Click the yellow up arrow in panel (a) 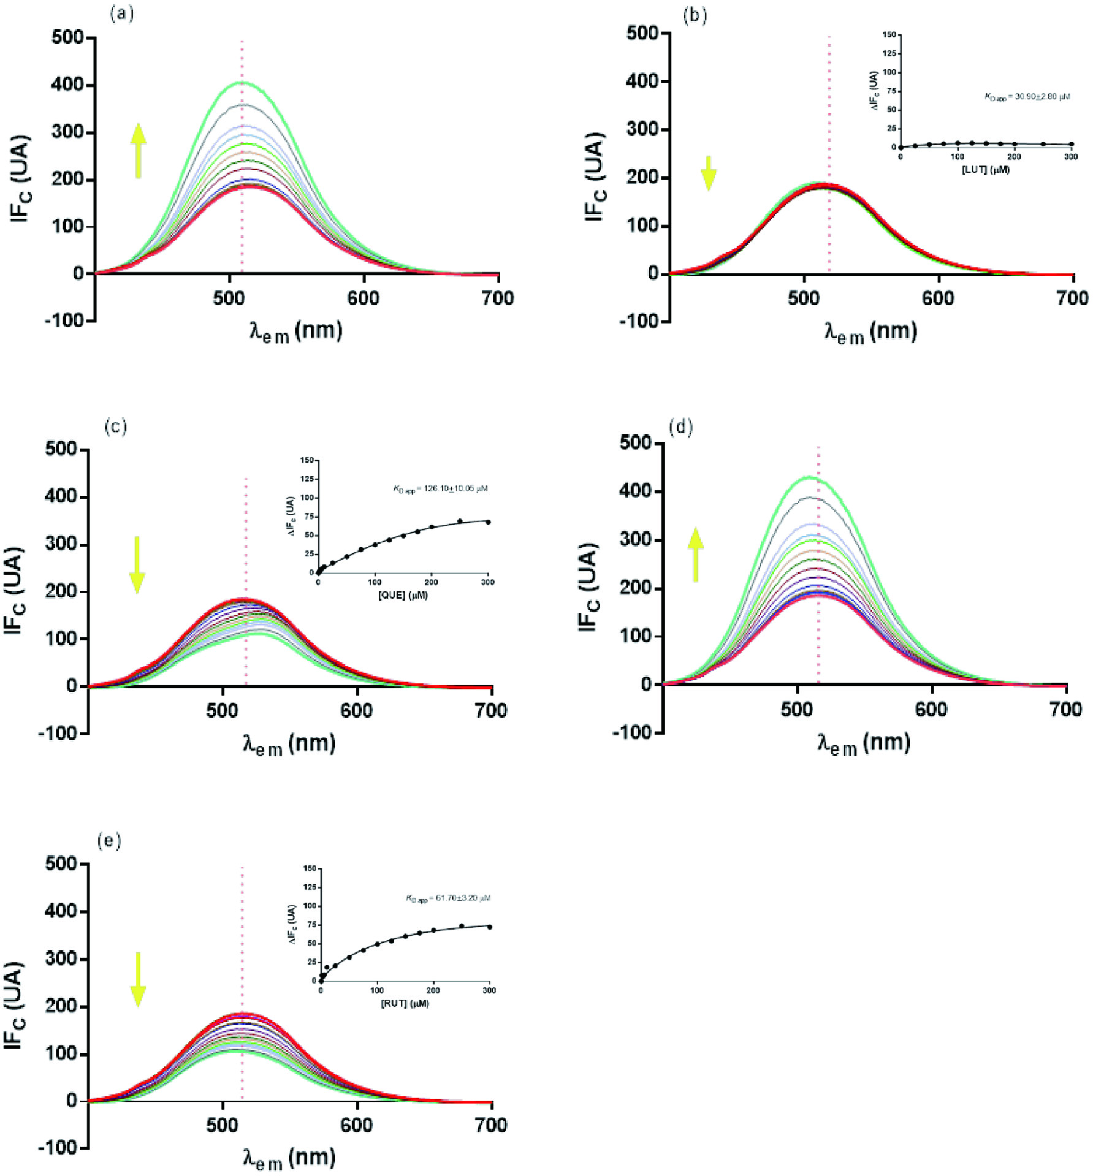coord(139,151)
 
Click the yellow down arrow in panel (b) coord(709,173)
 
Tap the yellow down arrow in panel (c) coord(137,564)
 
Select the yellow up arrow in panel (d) coord(695,555)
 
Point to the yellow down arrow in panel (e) coord(138,979)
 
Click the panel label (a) coord(121,13)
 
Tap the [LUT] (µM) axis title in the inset coord(985,170)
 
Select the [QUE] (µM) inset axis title coord(403,595)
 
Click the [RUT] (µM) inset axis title coord(405,1004)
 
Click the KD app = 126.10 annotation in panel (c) coord(440,489)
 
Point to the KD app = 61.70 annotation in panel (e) coord(447,898)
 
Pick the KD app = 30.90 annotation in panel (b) coord(1027,97)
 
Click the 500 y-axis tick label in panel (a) coord(67,37)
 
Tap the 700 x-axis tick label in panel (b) coord(1073,298)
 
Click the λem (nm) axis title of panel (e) coord(289,1157)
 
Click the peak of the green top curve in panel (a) coord(242,82)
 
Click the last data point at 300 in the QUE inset coord(488,522)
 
